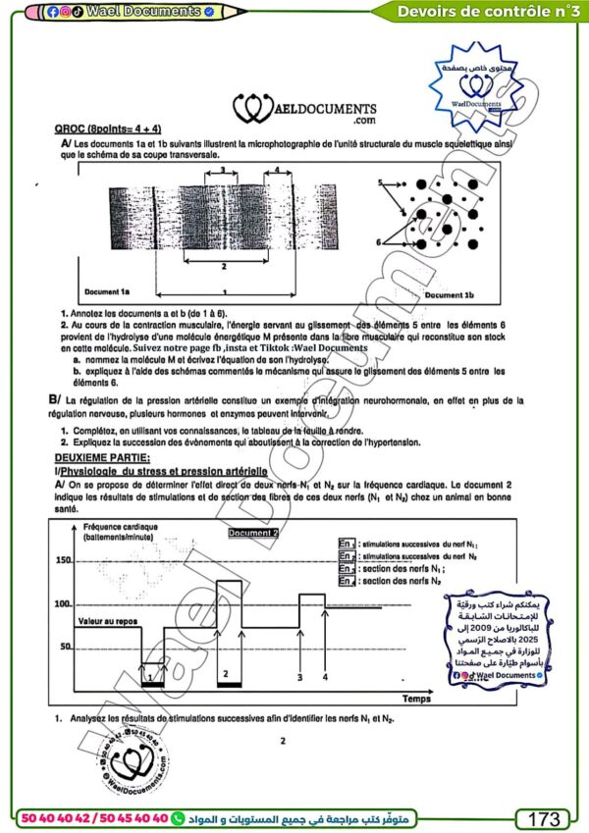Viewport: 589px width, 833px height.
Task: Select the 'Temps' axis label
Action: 414,700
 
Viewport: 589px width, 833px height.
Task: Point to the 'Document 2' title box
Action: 254,533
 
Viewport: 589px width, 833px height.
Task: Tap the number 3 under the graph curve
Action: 299,676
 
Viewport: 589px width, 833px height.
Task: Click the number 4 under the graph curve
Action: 325,676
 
